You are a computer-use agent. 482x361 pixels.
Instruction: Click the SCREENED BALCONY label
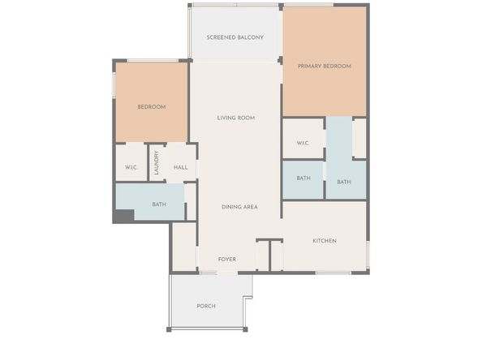click(x=235, y=37)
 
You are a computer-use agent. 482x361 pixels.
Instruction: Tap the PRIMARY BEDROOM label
click(x=324, y=67)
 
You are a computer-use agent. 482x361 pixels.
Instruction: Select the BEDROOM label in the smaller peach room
click(x=151, y=107)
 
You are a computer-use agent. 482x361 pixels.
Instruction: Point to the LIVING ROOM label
click(x=236, y=118)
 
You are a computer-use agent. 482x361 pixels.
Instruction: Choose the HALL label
click(x=180, y=168)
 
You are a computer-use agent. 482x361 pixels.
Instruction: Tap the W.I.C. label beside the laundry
click(x=131, y=168)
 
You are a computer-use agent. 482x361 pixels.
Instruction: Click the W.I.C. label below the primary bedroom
click(x=303, y=144)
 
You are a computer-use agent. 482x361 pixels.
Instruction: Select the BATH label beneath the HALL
click(x=159, y=204)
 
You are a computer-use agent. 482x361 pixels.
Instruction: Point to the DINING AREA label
click(x=239, y=207)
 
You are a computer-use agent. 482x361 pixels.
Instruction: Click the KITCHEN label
click(x=325, y=241)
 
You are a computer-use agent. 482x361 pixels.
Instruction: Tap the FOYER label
click(x=226, y=260)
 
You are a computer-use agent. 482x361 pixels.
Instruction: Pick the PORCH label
click(x=206, y=306)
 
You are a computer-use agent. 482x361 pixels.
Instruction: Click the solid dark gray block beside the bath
click(x=123, y=215)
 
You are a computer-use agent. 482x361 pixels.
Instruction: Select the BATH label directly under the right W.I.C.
click(x=303, y=178)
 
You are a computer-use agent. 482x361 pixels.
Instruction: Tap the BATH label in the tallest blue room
click(x=344, y=182)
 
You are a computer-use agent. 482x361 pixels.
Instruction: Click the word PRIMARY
click(x=310, y=67)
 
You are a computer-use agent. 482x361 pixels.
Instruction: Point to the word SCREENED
click(x=221, y=37)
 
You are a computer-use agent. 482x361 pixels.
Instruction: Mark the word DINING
click(x=230, y=207)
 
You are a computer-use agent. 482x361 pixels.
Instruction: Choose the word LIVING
click(x=226, y=118)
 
